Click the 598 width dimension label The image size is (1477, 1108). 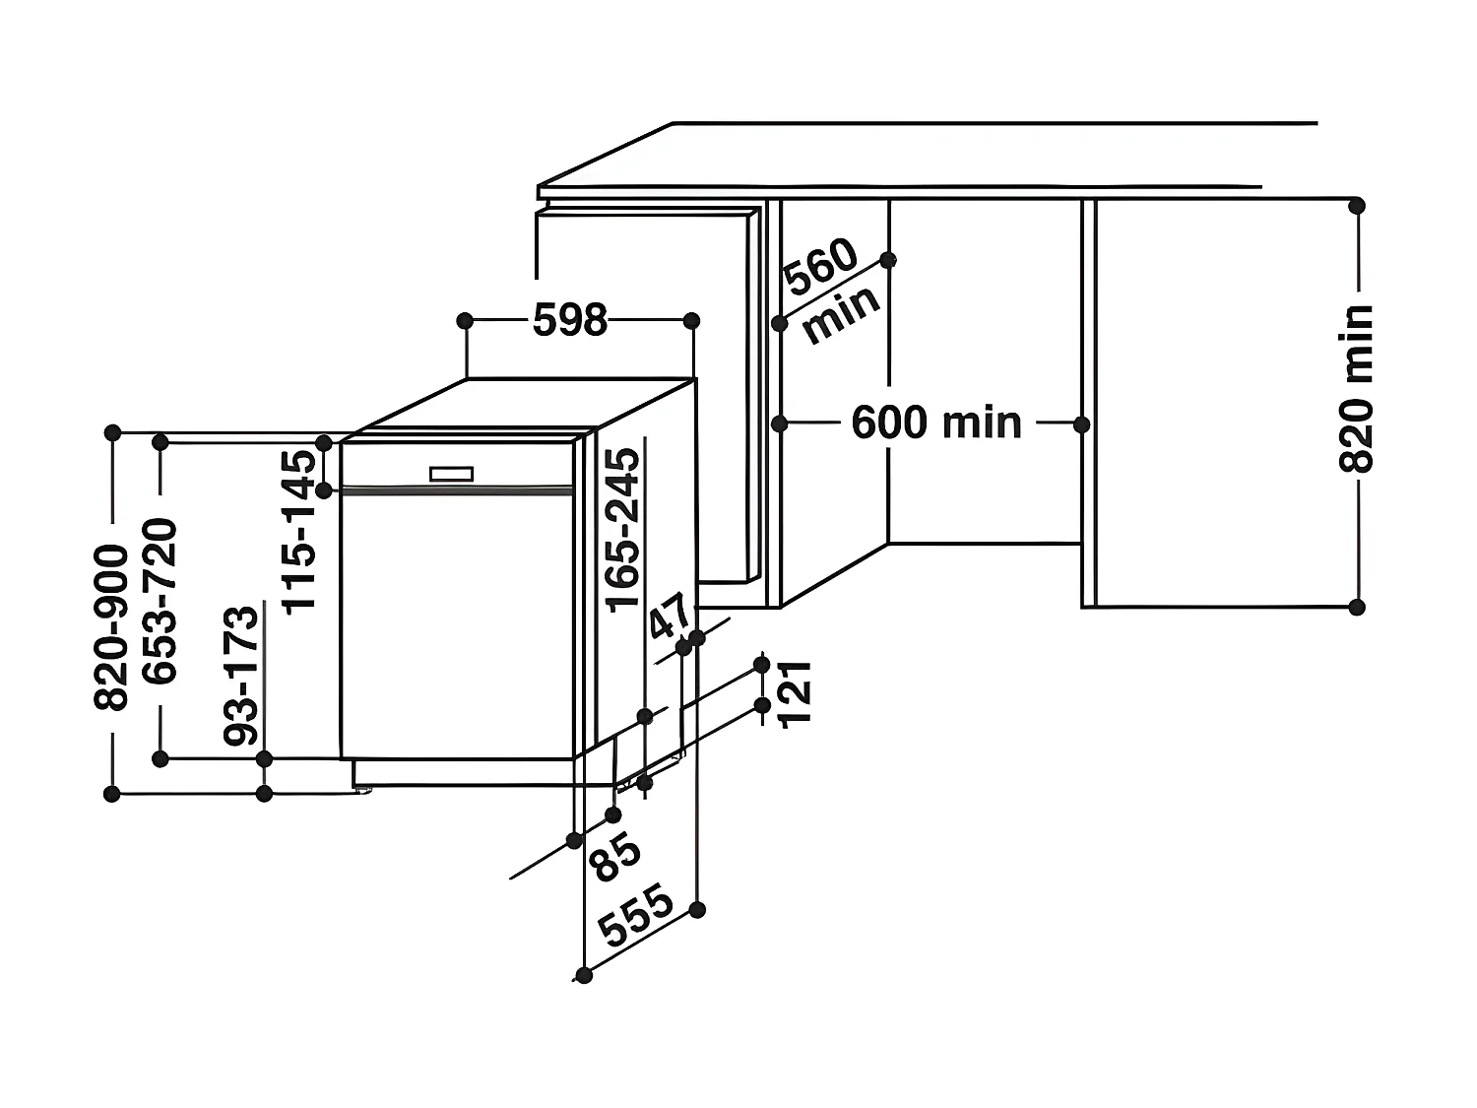tap(570, 320)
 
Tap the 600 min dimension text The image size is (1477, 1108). tap(936, 424)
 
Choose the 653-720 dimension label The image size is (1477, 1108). tap(160, 600)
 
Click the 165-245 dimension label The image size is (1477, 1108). tap(622, 528)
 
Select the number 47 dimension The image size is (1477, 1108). tap(671, 618)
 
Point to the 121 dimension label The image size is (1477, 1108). tap(795, 692)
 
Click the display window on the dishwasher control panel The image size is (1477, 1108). tap(452, 473)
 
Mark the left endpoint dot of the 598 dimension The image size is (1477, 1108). tap(466, 320)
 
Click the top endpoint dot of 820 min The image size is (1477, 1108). tap(1357, 205)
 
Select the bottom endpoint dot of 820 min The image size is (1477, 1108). tap(1357, 607)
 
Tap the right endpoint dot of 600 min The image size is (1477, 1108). tap(1081, 424)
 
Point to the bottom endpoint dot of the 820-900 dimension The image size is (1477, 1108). tap(112, 794)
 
